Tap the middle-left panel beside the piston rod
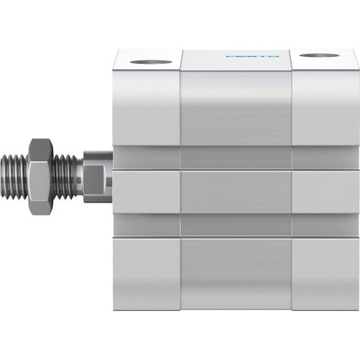pos(146,192)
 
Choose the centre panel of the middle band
pos(235,192)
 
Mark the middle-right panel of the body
pos(323,192)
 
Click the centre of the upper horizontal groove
pos(235,158)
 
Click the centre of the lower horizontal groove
pos(235,225)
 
